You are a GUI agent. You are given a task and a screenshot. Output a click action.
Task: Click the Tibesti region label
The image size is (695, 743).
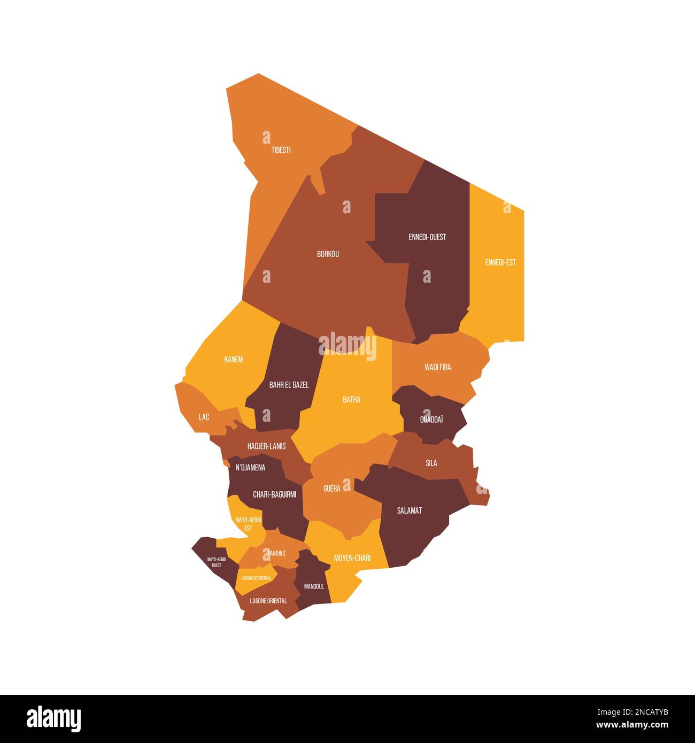pos(281,150)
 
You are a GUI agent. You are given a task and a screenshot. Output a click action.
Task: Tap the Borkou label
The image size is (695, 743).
pos(328,254)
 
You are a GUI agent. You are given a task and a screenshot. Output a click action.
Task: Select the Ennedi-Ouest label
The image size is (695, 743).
pos(427,237)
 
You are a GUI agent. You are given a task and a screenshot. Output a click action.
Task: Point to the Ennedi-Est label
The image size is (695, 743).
pos(500,262)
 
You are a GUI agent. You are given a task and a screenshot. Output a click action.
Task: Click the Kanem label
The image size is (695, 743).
pos(233,359)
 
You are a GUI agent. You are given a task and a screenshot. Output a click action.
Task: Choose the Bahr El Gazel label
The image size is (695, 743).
pos(289,385)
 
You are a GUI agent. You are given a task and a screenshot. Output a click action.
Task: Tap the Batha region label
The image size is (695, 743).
pos(351,399)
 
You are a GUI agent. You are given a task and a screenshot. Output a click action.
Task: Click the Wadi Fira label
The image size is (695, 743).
pos(438,367)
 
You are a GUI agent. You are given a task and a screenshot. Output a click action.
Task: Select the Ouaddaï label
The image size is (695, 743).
pos(431,420)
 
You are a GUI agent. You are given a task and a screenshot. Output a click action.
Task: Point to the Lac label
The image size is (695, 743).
pos(204,417)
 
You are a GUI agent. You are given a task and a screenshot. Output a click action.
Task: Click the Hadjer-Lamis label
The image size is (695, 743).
pos(266,446)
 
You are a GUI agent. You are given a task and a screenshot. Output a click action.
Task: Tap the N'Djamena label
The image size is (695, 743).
pos(250,468)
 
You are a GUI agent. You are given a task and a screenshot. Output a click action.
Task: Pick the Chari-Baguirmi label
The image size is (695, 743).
pos(274,495)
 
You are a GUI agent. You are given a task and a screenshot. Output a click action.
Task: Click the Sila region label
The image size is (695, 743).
pos(431,463)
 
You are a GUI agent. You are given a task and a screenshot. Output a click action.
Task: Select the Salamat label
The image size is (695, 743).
pos(410,510)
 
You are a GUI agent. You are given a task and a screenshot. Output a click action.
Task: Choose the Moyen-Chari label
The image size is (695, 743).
pos(352,558)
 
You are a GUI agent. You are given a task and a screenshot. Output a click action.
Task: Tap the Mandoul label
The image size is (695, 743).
pos(314,586)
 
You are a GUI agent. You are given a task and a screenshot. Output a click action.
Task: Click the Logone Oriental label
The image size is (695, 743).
pos(268,601)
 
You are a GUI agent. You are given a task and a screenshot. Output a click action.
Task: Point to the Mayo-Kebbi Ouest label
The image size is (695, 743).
pos(217,562)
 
